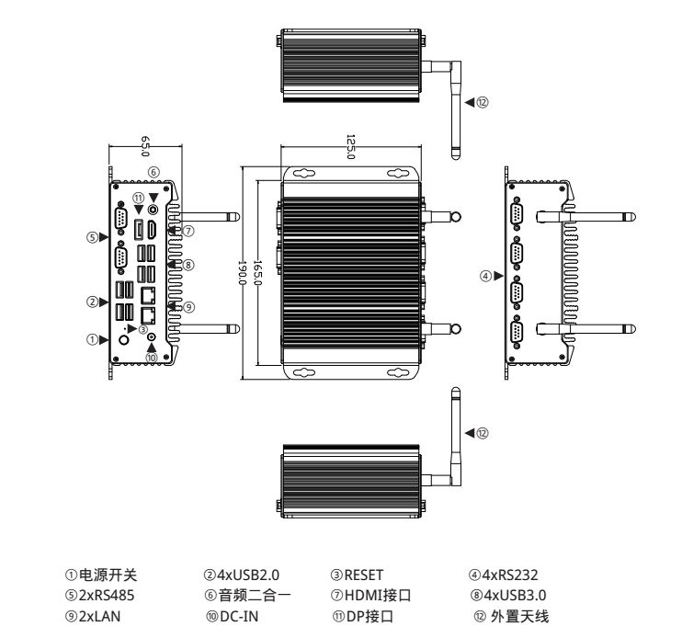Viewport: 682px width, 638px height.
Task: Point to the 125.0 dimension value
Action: pos(350,145)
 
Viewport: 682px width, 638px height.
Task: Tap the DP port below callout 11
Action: pos(139,229)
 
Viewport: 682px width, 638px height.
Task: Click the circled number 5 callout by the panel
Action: pos(92,236)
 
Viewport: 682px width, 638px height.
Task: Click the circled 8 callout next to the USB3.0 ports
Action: pos(188,265)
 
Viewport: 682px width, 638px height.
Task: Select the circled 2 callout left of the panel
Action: pos(92,301)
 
